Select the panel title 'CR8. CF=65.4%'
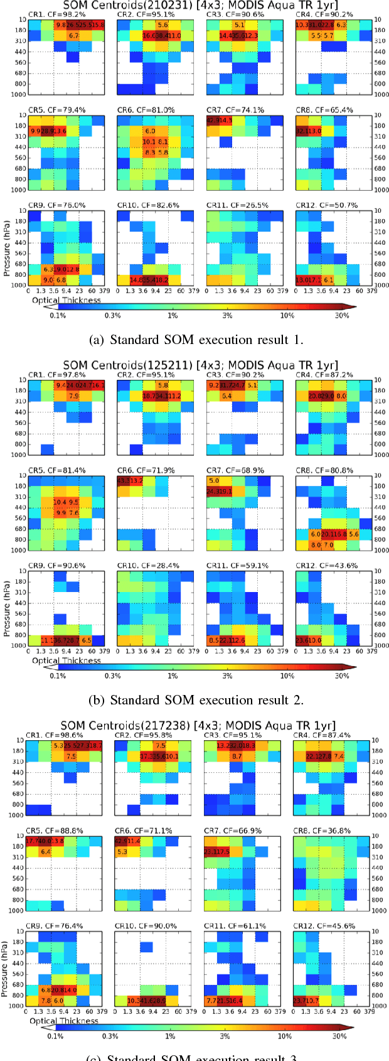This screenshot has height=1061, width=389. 324,110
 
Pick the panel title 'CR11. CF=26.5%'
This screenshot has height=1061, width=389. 236,205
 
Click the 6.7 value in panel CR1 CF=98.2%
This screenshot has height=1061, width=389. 73,36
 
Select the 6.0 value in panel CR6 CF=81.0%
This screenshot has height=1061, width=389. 150,131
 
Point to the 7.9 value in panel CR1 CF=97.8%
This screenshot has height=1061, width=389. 73,396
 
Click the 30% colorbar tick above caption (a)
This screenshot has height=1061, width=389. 341,316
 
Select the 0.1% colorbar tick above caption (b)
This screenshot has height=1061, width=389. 58,676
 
